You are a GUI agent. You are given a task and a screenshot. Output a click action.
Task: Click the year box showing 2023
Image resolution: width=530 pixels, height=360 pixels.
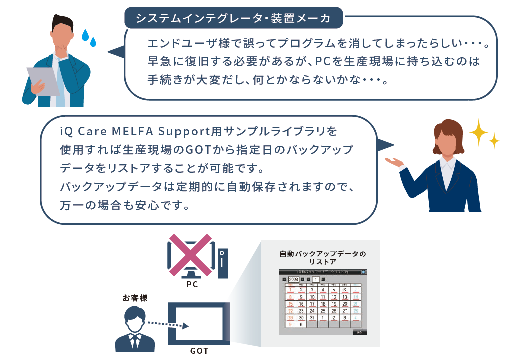click(x=293, y=279)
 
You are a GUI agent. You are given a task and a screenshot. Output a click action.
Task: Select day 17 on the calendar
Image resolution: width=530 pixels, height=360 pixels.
click(x=312, y=303)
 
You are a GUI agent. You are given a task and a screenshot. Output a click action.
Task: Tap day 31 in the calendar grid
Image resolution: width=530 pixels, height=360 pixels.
click(x=312, y=317)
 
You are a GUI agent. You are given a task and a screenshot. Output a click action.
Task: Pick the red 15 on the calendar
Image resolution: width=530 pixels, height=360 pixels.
click(x=290, y=303)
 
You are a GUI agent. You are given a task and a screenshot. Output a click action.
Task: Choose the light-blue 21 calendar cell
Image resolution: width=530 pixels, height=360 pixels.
click(x=355, y=303)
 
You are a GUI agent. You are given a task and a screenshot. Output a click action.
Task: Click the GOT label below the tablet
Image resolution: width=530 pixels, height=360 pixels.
click(x=199, y=351)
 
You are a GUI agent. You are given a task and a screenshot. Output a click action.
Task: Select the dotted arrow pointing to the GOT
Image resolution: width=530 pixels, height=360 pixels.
click(x=168, y=323)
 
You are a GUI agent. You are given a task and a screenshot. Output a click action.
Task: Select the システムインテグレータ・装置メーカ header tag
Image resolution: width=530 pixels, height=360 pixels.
click(x=234, y=18)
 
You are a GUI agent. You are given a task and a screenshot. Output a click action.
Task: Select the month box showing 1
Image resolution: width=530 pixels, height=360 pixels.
click(x=316, y=279)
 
